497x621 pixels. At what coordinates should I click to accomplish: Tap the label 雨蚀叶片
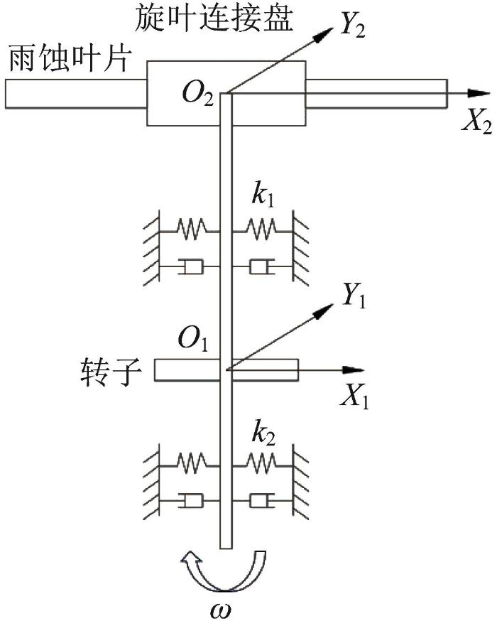68,60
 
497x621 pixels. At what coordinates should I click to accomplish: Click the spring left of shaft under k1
190,229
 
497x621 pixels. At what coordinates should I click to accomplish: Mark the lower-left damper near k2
190,502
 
